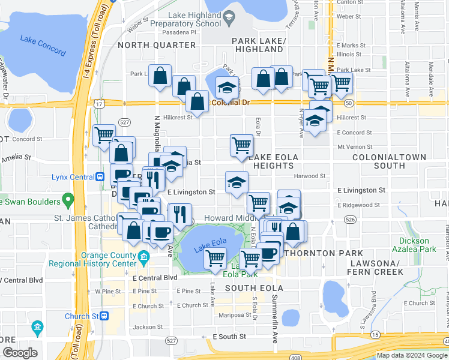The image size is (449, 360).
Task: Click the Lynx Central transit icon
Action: tap(100, 176)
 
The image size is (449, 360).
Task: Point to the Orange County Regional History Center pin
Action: tap(143, 259)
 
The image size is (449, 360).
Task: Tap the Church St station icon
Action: tap(104, 316)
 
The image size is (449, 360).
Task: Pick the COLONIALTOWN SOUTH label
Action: tap(390, 161)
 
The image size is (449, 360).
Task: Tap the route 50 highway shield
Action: tap(348, 103)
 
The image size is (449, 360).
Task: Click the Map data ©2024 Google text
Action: tap(411, 355)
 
